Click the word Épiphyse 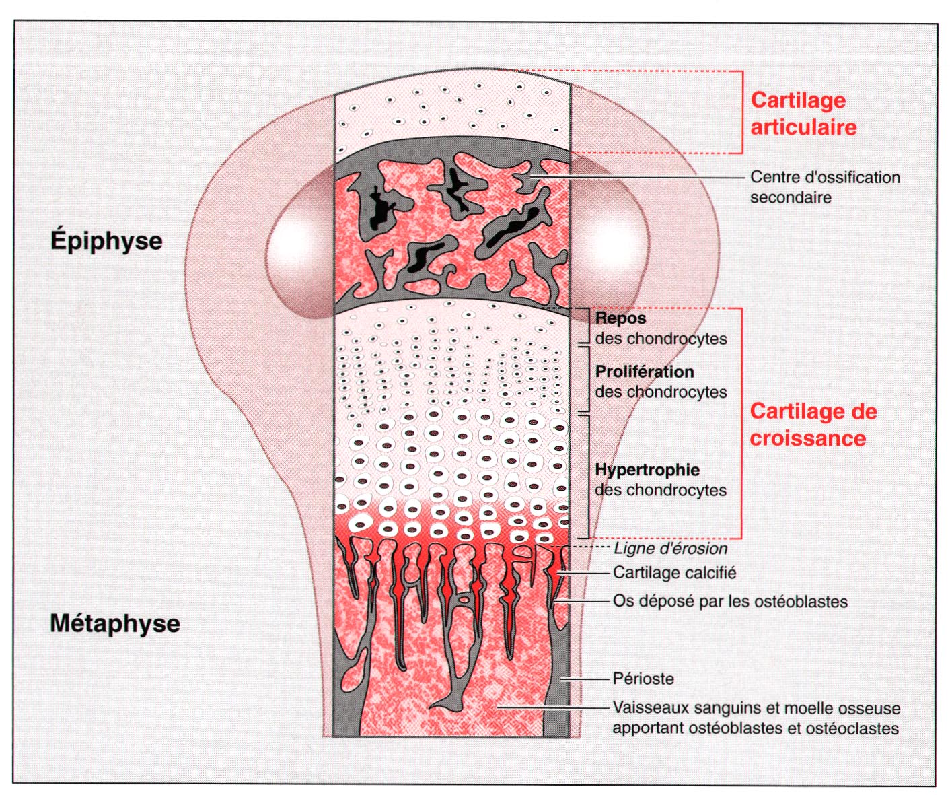point(106,241)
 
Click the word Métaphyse point(115,623)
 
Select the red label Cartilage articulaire point(803,113)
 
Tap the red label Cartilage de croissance point(813,425)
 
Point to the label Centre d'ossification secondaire point(824,187)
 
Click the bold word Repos point(620,318)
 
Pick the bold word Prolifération point(644,372)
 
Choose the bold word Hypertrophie point(647,470)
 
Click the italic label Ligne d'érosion point(670,549)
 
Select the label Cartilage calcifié point(674,573)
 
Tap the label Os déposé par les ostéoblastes point(729,601)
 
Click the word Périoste point(643,679)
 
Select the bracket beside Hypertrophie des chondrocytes point(589,476)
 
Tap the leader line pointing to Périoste point(585,679)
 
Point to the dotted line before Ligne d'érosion point(591,548)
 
